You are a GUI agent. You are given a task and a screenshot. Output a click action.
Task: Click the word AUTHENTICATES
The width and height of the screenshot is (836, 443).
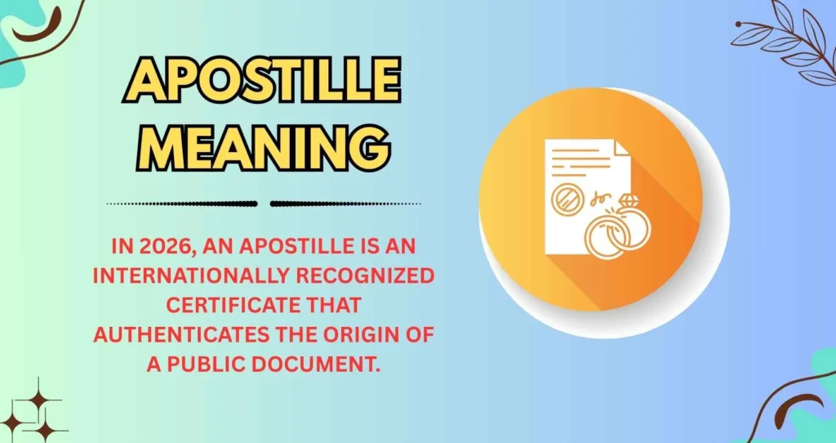pos(175,334)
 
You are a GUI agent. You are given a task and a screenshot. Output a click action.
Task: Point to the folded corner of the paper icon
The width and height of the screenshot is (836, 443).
pos(621,150)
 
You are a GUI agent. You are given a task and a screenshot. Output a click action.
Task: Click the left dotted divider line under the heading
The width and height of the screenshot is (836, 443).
pos(181,204)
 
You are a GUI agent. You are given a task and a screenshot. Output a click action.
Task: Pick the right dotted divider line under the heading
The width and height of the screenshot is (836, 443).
pos(345,204)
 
